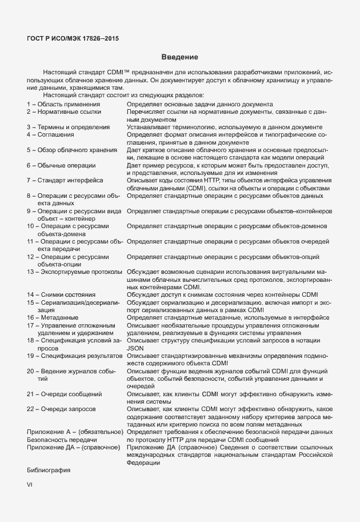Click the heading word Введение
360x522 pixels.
coord(179,57)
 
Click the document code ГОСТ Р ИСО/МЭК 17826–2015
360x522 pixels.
coord(73,38)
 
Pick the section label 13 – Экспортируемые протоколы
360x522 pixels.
coord(74,272)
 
